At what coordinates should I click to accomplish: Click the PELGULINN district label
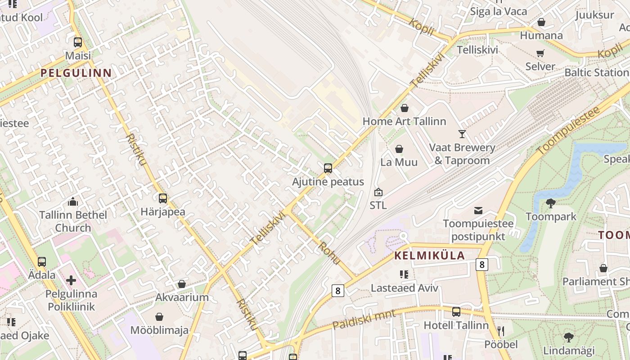coord(76,72)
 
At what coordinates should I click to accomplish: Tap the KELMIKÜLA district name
coord(429,256)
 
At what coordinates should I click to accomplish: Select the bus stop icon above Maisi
coord(78,42)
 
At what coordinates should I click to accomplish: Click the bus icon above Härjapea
coord(162,198)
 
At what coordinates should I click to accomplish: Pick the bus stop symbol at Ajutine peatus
coord(328,168)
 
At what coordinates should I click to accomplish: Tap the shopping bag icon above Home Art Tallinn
coord(404,108)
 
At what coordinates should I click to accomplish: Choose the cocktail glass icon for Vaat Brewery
coord(462,134)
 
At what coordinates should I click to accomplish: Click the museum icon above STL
coord(378,192)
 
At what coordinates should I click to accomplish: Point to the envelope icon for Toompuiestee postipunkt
coord(478,210)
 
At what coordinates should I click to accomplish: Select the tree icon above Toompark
coord(550,203)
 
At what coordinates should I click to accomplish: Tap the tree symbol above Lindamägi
coord(569,337)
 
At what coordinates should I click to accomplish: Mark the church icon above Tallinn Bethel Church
coord(72,202)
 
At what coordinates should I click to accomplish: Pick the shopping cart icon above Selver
coord(540,53)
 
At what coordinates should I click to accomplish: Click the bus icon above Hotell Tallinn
coord(456,311)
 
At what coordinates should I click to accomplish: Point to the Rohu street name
coord(329,252)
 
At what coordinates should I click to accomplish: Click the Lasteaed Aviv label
coord(404,288)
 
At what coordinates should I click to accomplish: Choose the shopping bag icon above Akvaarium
coord(182,284)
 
